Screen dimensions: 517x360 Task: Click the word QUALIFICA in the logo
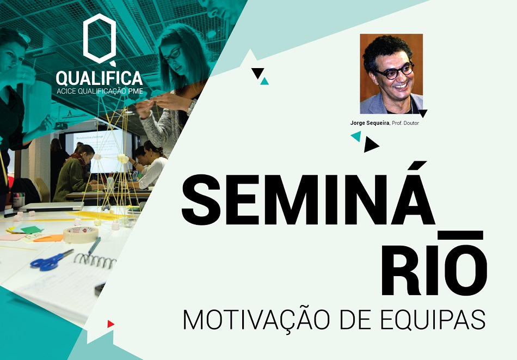99,78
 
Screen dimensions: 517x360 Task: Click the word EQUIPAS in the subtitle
433,319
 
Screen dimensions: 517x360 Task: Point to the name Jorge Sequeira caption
370,123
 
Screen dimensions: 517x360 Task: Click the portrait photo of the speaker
391,74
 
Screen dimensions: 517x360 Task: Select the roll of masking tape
81,235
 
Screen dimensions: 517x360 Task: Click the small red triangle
110,324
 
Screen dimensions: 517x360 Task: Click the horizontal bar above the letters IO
460,235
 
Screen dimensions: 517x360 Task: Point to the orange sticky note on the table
48,238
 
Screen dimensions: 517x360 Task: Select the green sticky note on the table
31,230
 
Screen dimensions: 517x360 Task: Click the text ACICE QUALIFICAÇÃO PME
100,91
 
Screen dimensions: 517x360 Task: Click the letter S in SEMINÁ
201,200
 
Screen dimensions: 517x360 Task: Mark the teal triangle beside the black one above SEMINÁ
264,81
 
